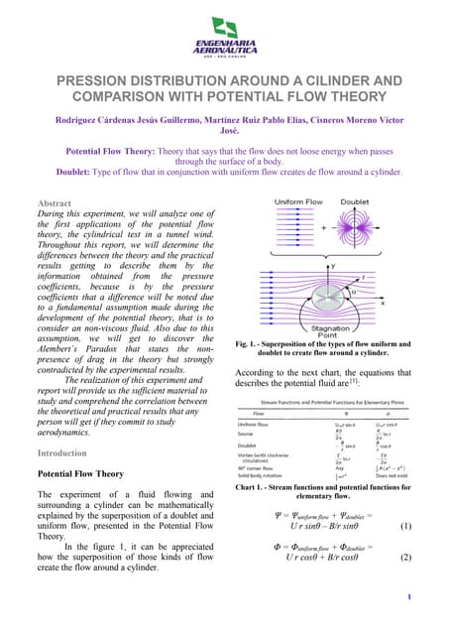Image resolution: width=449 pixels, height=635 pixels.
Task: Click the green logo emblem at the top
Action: click(x=224, y=28)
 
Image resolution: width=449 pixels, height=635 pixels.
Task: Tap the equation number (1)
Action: click(x=405, y=527)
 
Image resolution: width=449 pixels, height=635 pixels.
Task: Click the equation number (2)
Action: click(x=405, y=558)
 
